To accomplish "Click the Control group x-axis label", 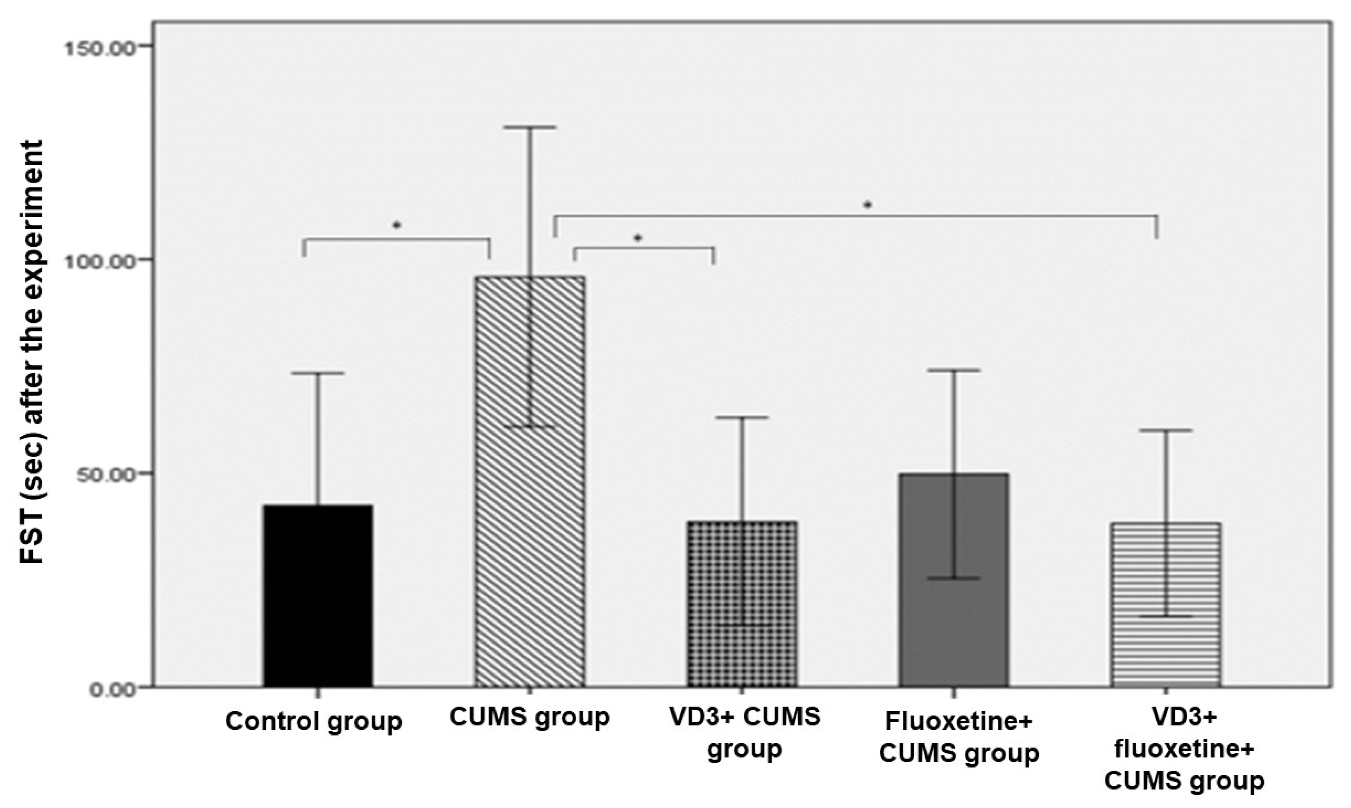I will [x=314, y=721].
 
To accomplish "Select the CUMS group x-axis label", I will [x=529, y=717].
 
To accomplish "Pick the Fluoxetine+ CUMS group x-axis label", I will [x=959, y=738].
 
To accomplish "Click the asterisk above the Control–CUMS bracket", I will [x=396, y=225].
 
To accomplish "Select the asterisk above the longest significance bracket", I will [x=868, y=205].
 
